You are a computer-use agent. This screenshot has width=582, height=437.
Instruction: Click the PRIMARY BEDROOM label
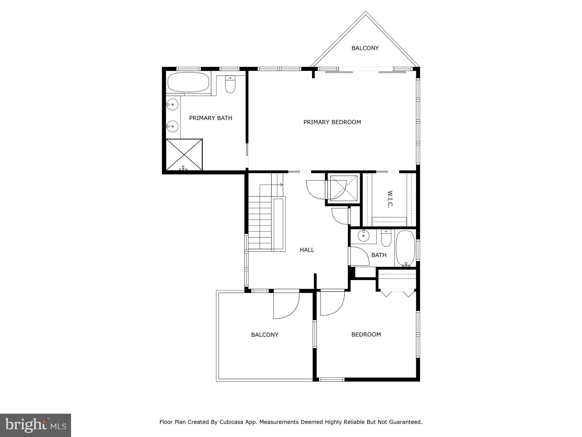(x=332, y=122)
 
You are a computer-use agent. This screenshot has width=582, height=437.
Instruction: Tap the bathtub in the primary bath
(x=188, y=82)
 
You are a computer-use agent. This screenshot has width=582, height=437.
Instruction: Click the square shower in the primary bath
(x=184, y=154)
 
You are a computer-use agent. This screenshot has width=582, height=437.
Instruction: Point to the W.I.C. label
(x=390, y=199)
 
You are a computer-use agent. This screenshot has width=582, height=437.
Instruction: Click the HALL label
(x=307, y=250)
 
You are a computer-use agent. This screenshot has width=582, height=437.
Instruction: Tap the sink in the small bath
(x=363, y=235)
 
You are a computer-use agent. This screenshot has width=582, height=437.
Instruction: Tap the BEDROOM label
(x=366, y=335)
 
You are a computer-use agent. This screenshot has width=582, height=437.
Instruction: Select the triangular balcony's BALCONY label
(x=365, y=48)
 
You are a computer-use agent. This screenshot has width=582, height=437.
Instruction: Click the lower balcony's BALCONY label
(x=265, y=335)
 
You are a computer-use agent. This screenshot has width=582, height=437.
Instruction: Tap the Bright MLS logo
(x=36, y=425)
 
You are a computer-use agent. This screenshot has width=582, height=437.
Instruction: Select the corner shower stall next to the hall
(x=343, y=188)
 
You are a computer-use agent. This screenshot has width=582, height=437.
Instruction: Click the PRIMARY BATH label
(x=211, y=118)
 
